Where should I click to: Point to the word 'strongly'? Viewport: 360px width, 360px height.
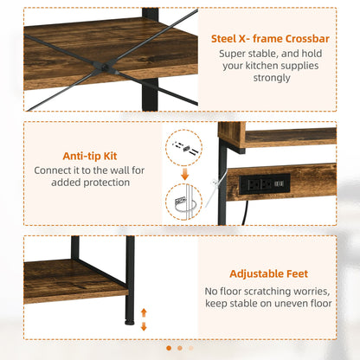click(267, 78)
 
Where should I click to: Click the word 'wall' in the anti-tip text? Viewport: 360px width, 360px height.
click(120, 170)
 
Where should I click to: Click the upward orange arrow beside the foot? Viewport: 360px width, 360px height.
click(144, 312)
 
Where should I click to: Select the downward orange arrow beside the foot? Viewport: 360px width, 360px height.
click(144, 327)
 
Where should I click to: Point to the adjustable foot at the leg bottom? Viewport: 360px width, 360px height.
click(130, 319)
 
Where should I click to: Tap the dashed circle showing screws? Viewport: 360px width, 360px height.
click(183, 148)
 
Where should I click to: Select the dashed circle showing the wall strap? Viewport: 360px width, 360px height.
click(183, 201)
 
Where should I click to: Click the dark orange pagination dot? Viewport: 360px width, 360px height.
click(168, 348)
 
